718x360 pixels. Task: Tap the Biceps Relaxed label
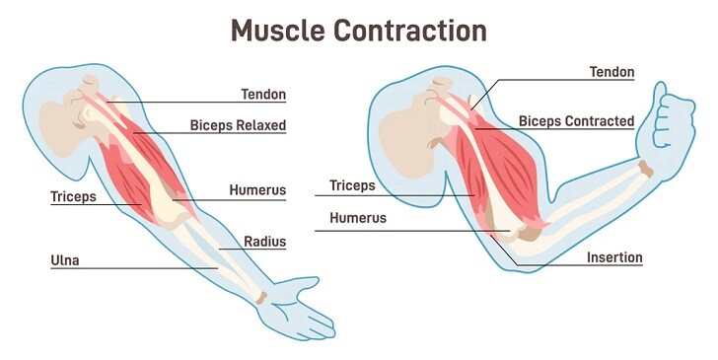pos(238,125)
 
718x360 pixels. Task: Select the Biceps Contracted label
pos(576,121)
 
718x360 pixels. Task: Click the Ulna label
pos(65,260)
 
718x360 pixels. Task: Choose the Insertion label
pos(614,257)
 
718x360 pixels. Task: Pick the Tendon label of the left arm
pos(263,95)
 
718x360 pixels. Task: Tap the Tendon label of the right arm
pos(611,72)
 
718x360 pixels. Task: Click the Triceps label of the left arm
pos(74,196)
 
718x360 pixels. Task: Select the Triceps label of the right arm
pos(353,184)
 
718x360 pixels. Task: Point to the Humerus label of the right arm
pos(358,218)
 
